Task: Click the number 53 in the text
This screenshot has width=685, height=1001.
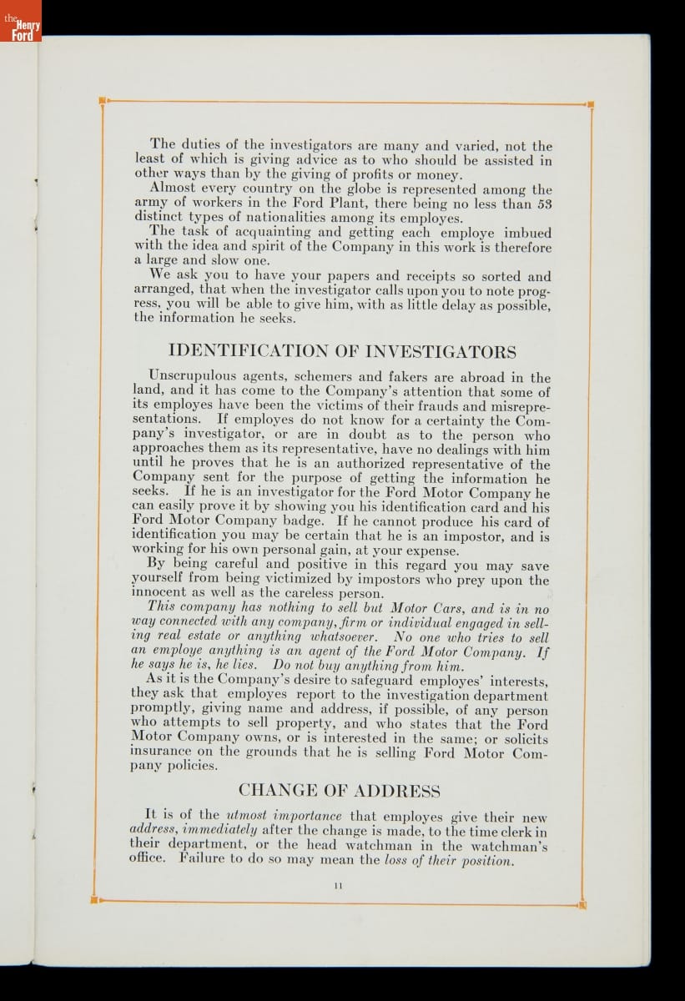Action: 543,204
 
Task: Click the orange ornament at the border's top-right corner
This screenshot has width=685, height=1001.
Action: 591,105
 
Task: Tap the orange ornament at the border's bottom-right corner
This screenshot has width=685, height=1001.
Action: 582,903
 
